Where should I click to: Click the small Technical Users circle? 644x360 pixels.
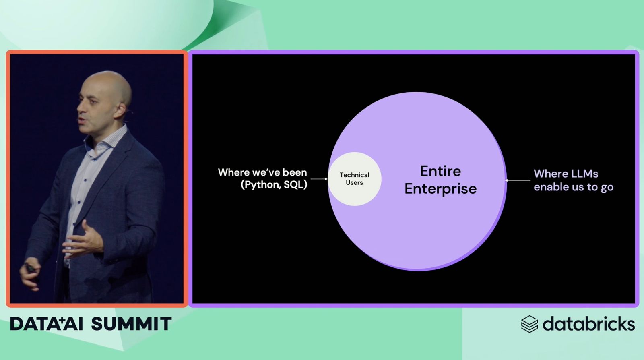tap(355, 179)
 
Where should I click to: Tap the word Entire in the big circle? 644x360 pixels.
tap(440, 171)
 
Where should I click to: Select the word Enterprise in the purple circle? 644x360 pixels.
tap(440, 189)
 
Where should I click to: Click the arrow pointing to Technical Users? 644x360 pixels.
tap(319, 179)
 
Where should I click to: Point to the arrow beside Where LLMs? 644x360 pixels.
tap(518, 180)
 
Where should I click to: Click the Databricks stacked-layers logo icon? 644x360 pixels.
tap(529, 324)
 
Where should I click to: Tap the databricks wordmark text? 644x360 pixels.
tap(588, 323)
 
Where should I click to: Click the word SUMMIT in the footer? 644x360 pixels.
tap(131, 324)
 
